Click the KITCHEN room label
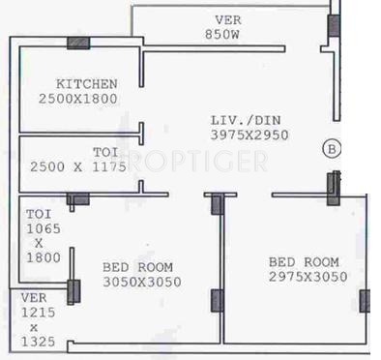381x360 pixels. [87, 84]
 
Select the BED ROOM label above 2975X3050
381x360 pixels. [304, 262]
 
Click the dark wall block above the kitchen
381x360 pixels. [77, 43]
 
